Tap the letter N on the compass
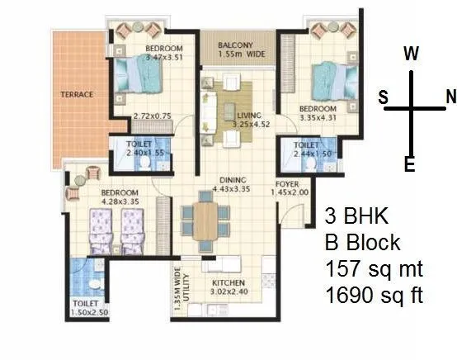coord(450,97)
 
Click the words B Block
coord(363,244)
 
